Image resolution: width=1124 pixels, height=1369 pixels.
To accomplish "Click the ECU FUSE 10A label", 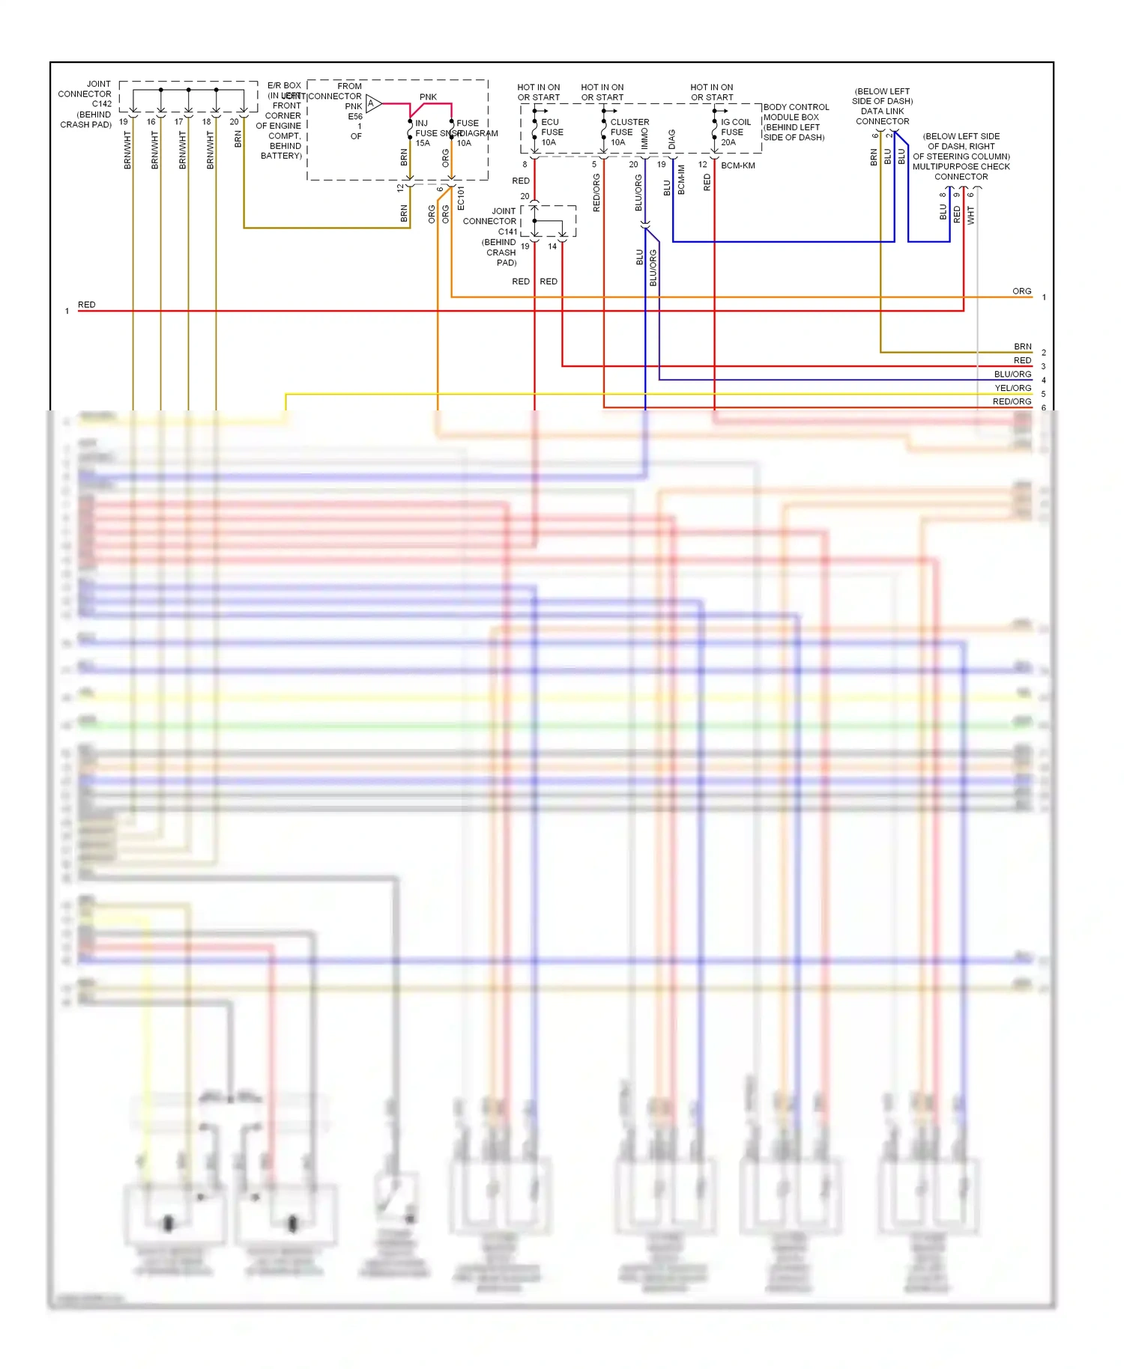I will point(552,132).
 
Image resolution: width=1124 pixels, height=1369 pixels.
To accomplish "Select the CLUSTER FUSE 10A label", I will point(628,132).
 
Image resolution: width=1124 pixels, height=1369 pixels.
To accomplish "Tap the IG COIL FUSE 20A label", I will point(734,132).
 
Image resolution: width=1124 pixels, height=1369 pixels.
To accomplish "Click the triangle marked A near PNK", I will point(372,103).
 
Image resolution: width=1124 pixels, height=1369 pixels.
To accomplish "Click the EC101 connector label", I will point(461,198).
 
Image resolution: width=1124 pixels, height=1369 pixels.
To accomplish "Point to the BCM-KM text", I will point(737,166).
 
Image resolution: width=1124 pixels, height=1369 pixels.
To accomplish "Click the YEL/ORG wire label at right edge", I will point(1012,388).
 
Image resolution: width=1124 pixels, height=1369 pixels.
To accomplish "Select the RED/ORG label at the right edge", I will point(1012,401).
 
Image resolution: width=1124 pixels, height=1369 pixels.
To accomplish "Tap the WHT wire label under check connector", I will point(970,216).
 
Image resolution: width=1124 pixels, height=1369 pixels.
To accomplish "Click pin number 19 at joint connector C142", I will point(124,122).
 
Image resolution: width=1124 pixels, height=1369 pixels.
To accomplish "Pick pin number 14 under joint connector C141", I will point(552,246).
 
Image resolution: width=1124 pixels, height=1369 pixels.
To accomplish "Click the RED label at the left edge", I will point(86,305).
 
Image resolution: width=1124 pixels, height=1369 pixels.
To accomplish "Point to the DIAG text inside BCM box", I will point(671,139).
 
